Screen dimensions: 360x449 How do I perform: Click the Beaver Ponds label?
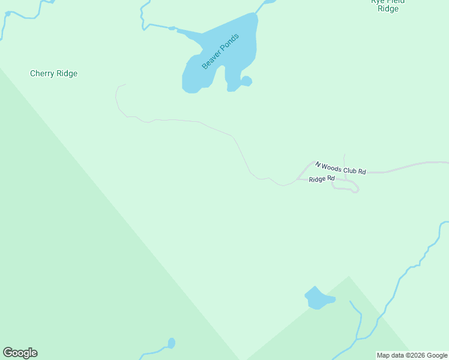pyautogui.click(x=220, y=52)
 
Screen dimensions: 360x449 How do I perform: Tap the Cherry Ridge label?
pyautogui.click(x=53, y=74)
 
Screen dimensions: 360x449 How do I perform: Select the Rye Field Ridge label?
pyautogui.click(x=388, y=5)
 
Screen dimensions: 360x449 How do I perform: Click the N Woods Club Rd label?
pyautogui.click(x=340, y=167)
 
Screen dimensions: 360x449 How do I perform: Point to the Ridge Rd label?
pyautogui.click(x=321, y=179)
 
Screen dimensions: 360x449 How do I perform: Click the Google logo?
pyautogui.click(x=20, y=353)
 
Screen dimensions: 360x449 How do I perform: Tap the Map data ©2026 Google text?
pyautogui.click(x=412, y=355)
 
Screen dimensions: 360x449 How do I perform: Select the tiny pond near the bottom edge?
pyautogui.click(x=171, y=343)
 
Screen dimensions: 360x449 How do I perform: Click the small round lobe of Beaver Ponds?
pyautogui.click(x=246, y=81)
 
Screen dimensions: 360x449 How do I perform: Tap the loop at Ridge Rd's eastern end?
pyautogui.click(x=355, y=189)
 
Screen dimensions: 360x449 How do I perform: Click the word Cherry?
pyautogui.click(x=43, y=74)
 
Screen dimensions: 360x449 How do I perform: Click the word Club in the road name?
pyautogui.click(x=350, y=170)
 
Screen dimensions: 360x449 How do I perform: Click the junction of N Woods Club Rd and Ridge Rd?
pyautogui.click(x=298, y=179)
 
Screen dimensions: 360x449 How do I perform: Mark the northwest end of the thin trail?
pyautogui.click(x=125, y=85)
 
